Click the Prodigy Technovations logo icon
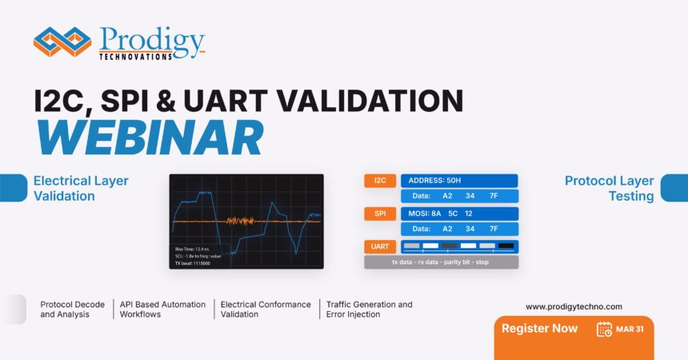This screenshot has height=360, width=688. click(x=62, y=42)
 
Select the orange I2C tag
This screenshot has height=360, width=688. click(x=380, y=181)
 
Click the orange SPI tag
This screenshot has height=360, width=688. click(x=380, y=214)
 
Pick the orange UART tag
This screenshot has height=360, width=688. click(x=380, y=247)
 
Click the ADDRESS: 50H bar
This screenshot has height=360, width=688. click(x=458, y=181)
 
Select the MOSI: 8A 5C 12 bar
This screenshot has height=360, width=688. click(x=458, y=214)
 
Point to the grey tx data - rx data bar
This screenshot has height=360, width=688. click(x=441, y=262)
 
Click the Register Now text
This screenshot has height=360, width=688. click(x=539, y=328)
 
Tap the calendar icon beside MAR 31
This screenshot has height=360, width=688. click(x=604, y=329)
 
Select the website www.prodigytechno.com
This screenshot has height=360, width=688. click(x=574, y=306)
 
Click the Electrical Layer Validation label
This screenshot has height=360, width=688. click(x=80, y=188)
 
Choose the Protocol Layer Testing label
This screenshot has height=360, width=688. click(x=609, y=188)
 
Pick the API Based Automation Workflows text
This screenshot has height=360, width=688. click(x=162, y=310)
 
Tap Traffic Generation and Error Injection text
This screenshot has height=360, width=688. click(x=369, y=310)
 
